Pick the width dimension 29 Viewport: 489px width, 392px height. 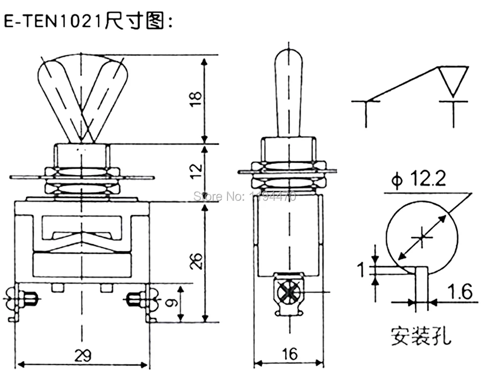[x=82, y=354]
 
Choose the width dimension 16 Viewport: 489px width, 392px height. [x=289, y=354]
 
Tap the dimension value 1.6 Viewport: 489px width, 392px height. [x=459, y=293]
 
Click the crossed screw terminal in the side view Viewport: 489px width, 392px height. [x=289, y=293]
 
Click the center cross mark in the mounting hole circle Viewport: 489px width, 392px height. [x=422, y=238]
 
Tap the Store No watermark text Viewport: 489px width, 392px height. [x=245, y=196]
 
